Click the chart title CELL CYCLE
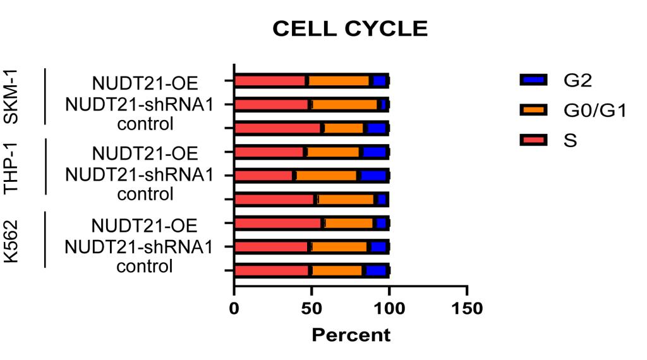coord(350,29)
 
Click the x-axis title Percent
coord(351,334)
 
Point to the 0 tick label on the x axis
coord(234,308)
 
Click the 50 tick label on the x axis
coord(311,308)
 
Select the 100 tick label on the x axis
coord(389,308)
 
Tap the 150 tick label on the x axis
coord(466,308)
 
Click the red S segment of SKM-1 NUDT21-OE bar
coord(270,81)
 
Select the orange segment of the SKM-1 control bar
coord(344,128)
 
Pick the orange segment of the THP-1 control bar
coord(346,200)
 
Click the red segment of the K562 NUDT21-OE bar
coord(278,223)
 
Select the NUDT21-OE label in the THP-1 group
coord(145,153)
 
